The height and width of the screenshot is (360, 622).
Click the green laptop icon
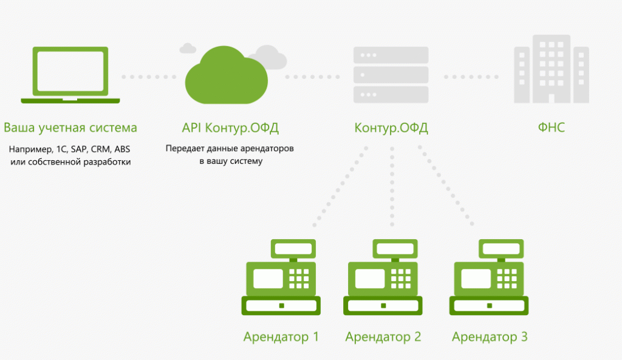70,73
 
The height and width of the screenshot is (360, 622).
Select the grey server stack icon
391,75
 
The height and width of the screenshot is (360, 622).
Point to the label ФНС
551,128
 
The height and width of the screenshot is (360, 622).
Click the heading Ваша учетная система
70,128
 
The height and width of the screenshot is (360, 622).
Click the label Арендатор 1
281,336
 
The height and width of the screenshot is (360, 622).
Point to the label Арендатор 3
490,336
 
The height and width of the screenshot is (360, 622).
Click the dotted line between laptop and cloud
149,77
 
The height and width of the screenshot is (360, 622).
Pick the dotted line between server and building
471,77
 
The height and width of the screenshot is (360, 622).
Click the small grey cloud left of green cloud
188,48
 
